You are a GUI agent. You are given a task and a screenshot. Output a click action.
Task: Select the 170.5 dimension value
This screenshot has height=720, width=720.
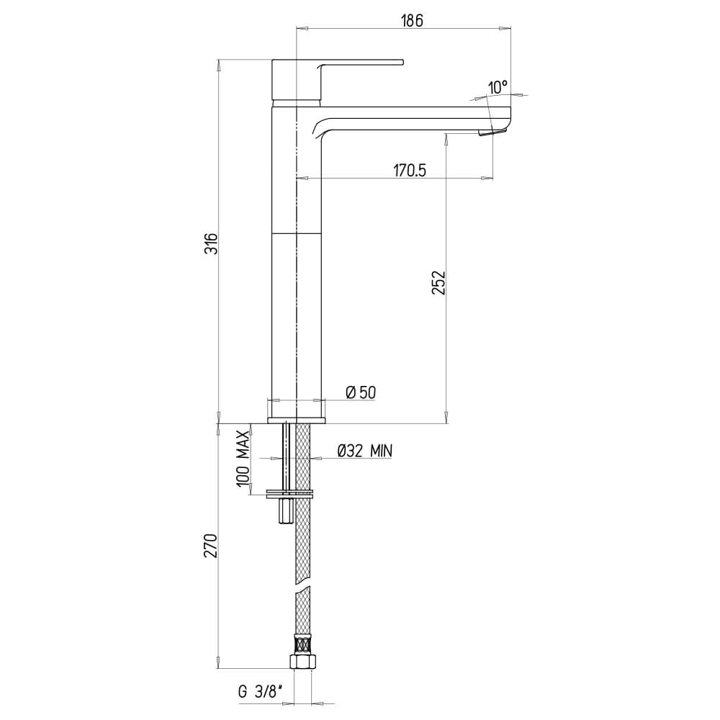point(410,171)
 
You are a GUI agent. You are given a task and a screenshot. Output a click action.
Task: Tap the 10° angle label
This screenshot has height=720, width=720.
point(497,87)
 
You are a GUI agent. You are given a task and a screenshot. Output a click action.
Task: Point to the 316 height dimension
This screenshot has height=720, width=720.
point(210,247)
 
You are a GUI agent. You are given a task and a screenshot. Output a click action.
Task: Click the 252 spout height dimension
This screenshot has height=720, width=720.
point(438,283)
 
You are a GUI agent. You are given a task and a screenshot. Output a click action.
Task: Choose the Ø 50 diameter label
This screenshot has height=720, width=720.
point(360,392)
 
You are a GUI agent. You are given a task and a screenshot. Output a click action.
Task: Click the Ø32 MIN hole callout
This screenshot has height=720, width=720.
point(364,451)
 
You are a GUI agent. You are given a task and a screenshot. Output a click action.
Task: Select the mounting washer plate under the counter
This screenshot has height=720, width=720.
point(290,494)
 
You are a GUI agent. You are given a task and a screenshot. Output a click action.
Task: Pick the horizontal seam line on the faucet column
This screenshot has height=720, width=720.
point(297,233)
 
